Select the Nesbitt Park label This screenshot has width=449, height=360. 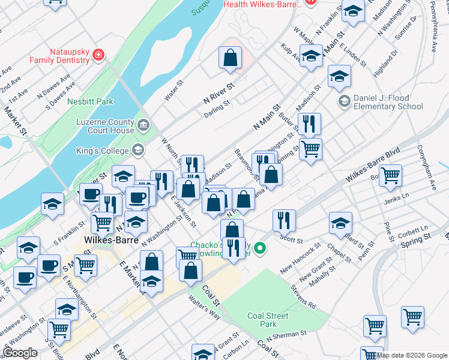click(x=90, y=102)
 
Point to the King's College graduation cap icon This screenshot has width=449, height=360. click(x=138, y=149)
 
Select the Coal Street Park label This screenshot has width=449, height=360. click(x=268, y=320)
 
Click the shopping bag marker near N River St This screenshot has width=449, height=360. click(x=231, y=58)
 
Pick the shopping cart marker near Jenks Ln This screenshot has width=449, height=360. click(x=390, y=175)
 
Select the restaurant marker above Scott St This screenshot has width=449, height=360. click(x=284, y=220)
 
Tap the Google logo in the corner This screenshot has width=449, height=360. click(x=20, y=353)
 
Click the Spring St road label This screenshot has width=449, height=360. click(x=415, y=239)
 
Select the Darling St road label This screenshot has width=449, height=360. click(x=217, y=104)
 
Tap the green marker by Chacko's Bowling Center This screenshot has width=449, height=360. click(x=259, y=247)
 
